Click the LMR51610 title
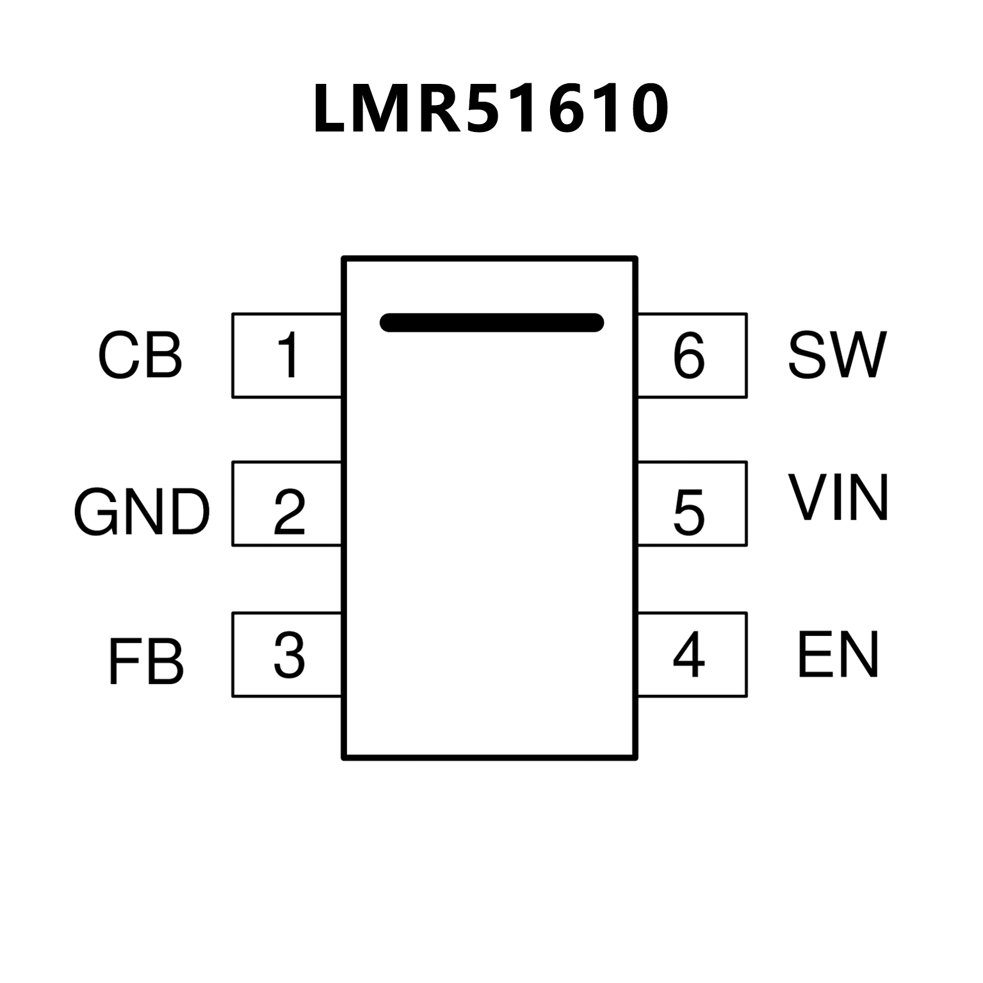491,109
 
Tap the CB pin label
140,356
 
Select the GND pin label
142,512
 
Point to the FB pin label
145,662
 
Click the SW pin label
837,355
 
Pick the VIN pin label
838,498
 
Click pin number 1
288,355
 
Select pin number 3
289,654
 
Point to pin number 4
689,654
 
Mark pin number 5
689,512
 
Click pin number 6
689,355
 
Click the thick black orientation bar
491,323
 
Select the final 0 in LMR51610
646,109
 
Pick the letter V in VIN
811,498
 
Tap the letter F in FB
122,662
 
